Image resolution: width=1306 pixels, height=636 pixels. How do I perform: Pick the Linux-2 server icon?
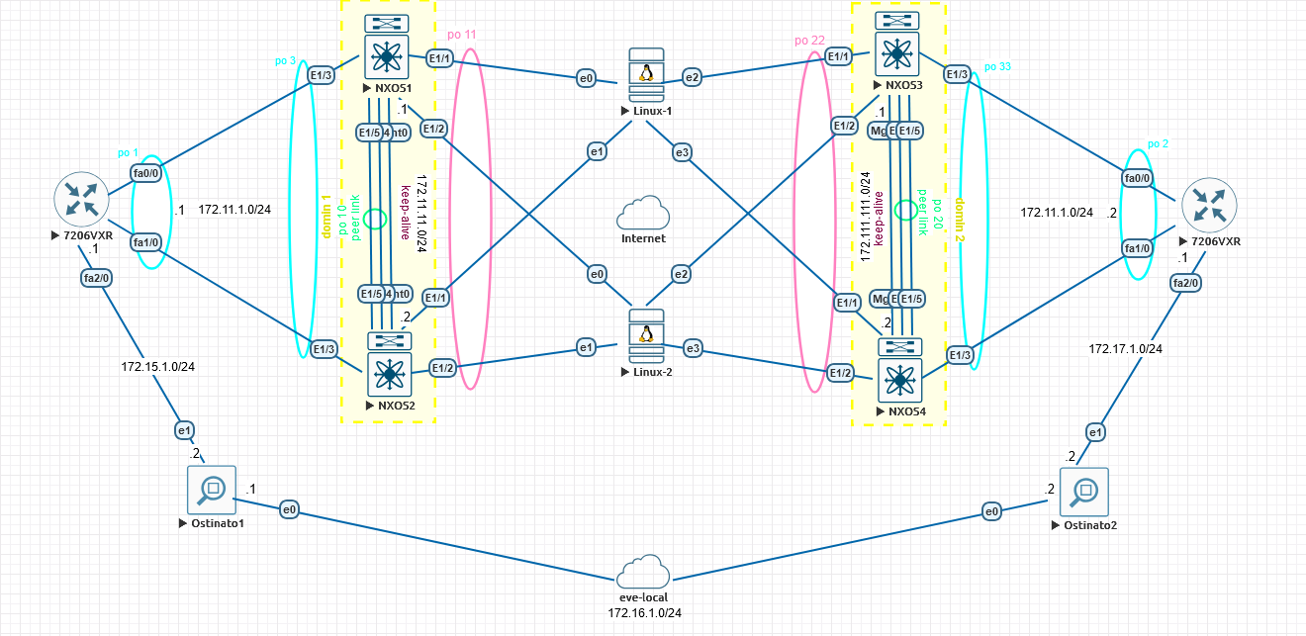(646, 339)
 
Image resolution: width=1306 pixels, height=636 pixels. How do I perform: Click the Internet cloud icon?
(643, 214)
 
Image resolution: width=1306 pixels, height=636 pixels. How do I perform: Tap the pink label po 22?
(809, 41)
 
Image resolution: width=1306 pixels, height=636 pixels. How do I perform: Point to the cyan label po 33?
(997, 67)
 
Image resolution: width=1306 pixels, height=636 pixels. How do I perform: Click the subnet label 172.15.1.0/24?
(158, 367)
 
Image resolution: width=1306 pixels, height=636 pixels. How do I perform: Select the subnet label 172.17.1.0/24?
(1125, 349)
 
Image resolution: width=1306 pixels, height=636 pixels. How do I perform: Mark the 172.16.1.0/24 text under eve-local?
(644, 613)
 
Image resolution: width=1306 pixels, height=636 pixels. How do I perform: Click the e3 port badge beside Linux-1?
(682, 151)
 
